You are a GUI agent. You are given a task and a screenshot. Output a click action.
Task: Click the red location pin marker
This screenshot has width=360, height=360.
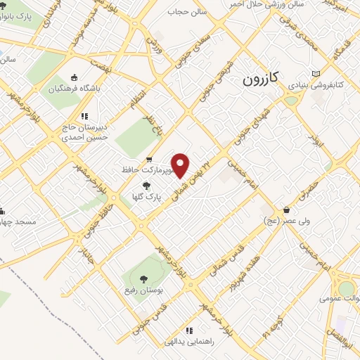tap(181, 165)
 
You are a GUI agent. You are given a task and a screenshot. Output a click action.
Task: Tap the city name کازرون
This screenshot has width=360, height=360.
tap(262, 79)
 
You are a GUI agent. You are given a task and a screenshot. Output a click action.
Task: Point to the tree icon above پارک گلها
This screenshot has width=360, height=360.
tap(146, 186)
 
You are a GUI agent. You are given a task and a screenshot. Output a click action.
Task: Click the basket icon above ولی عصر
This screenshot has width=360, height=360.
tap(286, 210)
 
